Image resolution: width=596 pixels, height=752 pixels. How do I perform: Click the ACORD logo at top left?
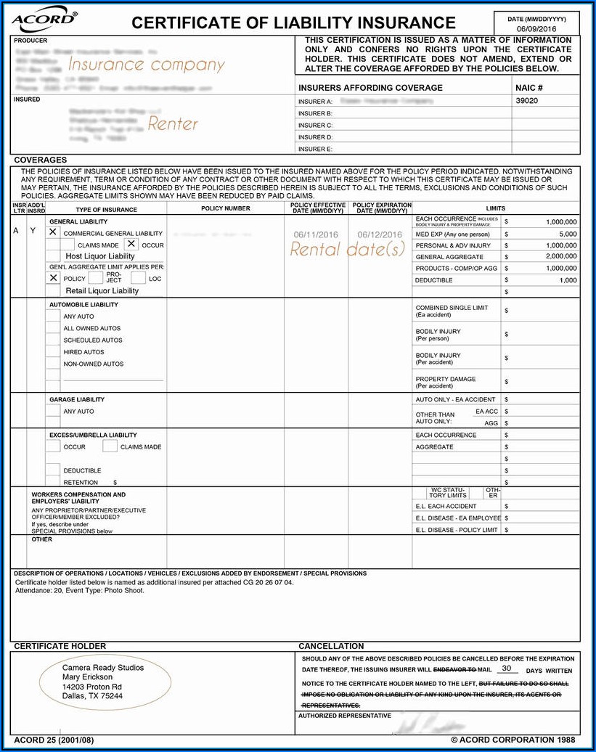coord(44,22)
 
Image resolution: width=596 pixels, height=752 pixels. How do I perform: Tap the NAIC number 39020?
coord(526,102)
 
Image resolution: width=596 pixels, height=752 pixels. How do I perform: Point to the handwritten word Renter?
coord(173,124)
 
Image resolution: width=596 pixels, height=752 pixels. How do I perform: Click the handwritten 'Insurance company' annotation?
coord(146,65)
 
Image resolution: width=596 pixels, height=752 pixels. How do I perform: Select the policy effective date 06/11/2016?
coord(316,234)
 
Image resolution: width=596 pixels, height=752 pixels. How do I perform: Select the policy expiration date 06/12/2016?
coord(379,234)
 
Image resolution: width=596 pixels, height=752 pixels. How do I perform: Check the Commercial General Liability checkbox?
coord(53,232)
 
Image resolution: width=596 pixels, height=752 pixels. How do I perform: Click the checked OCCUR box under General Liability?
coord(131,244)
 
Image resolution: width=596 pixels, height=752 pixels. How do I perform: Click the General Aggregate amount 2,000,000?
coord(561,257)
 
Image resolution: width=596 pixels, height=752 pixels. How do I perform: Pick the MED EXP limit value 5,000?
coord(568,234)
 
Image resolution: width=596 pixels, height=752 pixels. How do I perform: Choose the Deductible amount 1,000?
coord(568,280)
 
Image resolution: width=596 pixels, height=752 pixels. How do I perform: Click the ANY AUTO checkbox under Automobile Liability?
coord(53,316)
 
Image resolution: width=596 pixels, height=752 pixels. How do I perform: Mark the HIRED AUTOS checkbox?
coord(53,352)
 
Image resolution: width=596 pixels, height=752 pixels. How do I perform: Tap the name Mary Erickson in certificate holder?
coord(87,677)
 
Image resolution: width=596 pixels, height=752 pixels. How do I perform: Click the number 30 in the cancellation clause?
coord(506,669)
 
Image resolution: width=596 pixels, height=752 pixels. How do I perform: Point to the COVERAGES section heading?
coord(40,160)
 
